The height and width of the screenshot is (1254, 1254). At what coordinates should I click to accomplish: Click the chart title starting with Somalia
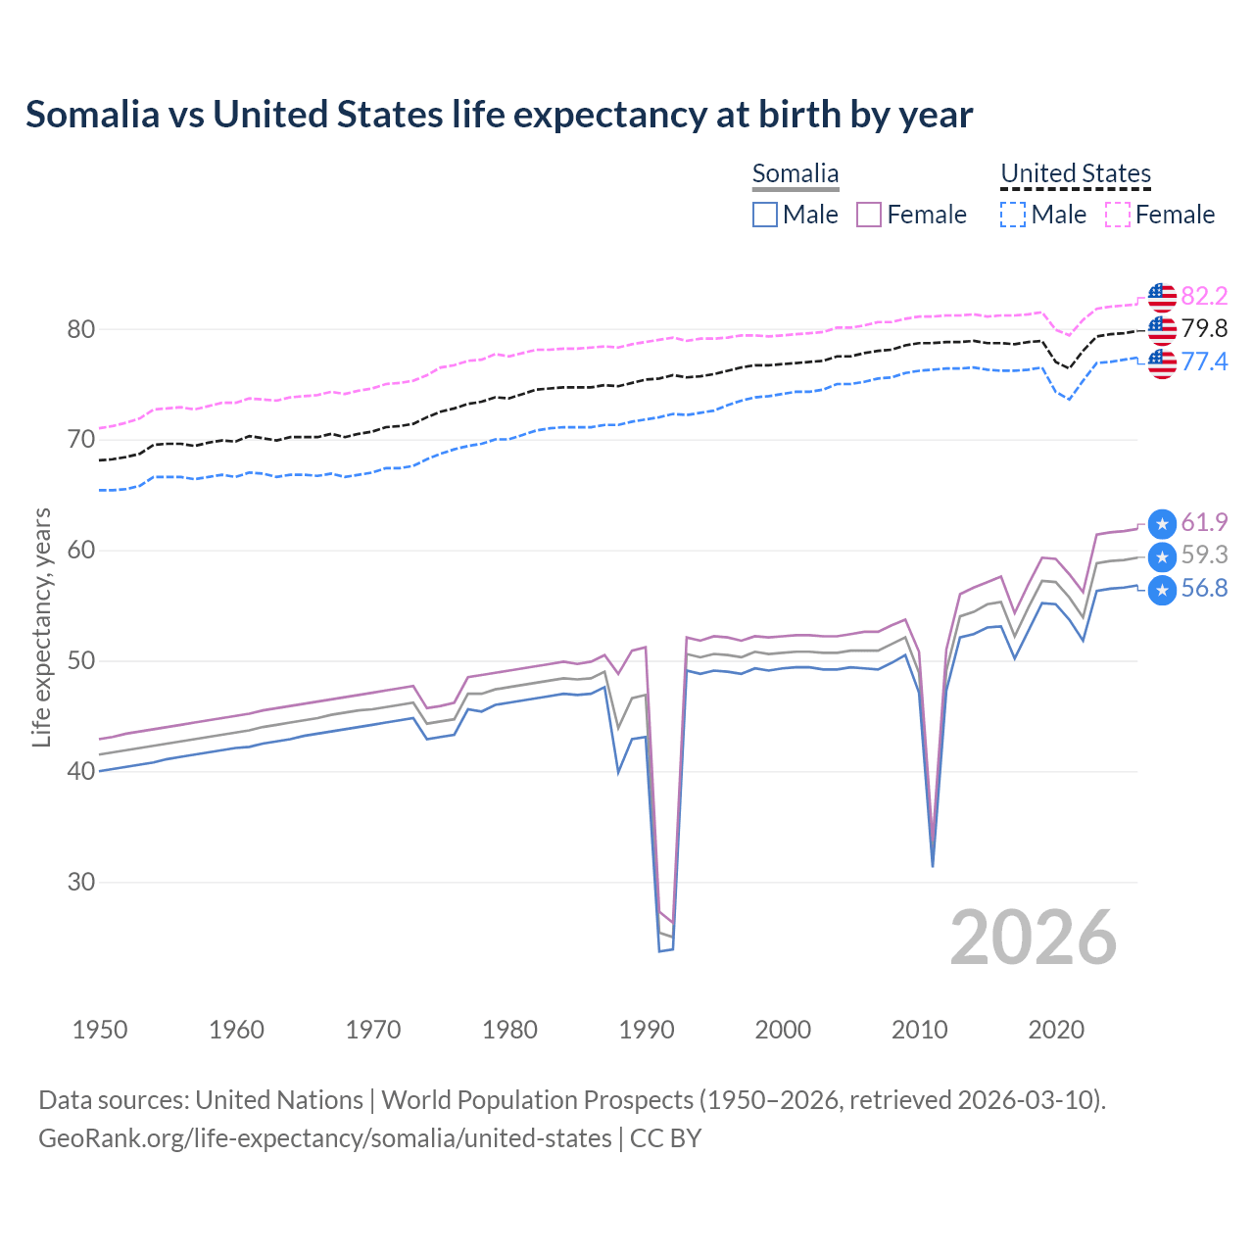(x=499, y=115)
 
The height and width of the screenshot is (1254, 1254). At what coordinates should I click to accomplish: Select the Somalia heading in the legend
(x=795, y=174)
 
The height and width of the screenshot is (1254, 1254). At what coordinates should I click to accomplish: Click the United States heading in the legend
(x=1075, y=174)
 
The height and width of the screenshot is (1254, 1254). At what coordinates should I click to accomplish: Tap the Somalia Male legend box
(x=765, y=215)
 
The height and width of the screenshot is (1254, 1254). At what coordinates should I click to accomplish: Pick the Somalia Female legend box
(x=869, y=215)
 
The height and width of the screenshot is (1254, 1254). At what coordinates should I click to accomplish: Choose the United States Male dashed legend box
(x=1013, y=215)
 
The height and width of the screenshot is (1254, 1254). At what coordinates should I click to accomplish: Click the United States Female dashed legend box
(x=1117, y=215)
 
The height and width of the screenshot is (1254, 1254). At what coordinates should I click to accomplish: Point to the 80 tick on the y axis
(x=81, y=329)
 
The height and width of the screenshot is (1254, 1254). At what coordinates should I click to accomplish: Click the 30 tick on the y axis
(x=81, y=883)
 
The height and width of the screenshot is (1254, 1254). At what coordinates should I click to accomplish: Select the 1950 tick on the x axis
(x=100, y=1030)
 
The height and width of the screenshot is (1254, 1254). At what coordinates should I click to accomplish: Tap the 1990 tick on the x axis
(x=647, y=1030)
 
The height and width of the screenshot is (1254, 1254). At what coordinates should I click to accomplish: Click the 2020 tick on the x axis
(x=1056, y=1030)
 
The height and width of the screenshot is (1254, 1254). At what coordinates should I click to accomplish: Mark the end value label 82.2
(x=1204, y=296)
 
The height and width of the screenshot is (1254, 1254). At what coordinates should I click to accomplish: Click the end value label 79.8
(x=1204, y=329)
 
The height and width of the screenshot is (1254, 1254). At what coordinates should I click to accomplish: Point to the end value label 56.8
(x=1204, y=588)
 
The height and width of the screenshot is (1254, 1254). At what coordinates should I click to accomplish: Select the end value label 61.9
(x=1204, y=522)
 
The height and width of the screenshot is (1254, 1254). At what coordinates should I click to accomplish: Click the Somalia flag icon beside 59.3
(x=1162, y=557)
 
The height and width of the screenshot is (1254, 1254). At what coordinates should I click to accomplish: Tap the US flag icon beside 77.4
(x=1162, y=362)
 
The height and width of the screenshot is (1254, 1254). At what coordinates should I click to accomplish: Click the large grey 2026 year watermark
(x=1033, y=938)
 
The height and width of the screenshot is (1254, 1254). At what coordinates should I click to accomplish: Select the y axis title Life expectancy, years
(x=42, y=627)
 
